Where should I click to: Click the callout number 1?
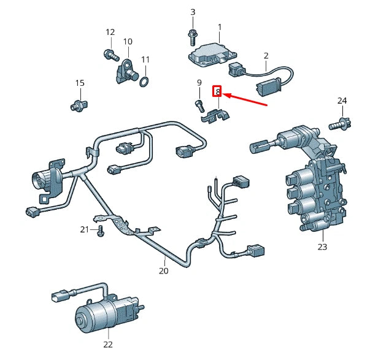(x=220, y=27)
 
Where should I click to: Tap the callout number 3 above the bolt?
(x=193, y=12)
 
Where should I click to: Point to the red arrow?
(x=245, y=100)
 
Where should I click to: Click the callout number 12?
(x=110, y=33)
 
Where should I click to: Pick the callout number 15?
(x=79, y=83)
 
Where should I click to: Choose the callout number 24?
(x=342, y=101)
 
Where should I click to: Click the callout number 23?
(x=322, y=247)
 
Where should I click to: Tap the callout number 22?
(x=108, y=343)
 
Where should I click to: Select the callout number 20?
(x=163, y=270)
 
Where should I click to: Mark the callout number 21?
(x=85, y=229)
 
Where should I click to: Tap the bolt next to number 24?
(x=339, y=124)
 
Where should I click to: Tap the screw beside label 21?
(x=101, y=231)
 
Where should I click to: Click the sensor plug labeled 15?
(x=78, y=103)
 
